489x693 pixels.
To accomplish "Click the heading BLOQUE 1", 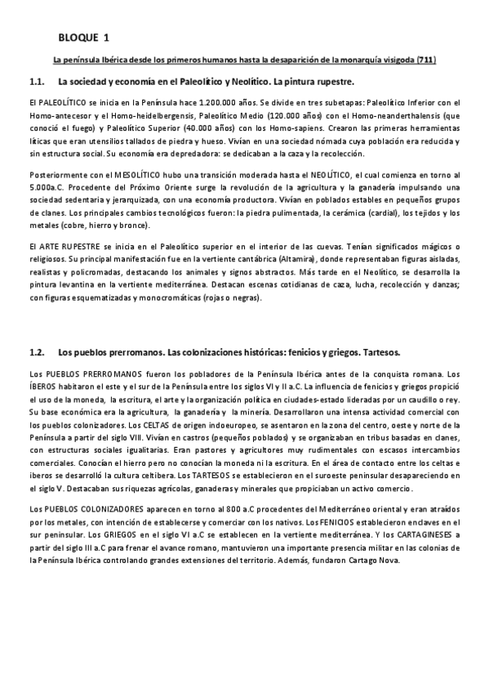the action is [84, 38].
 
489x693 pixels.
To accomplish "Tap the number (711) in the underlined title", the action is [426, 60].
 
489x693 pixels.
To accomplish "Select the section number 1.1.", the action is [36, 83].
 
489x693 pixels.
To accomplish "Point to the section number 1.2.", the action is [36, 353].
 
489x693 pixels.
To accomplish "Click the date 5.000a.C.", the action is [44, 188].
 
